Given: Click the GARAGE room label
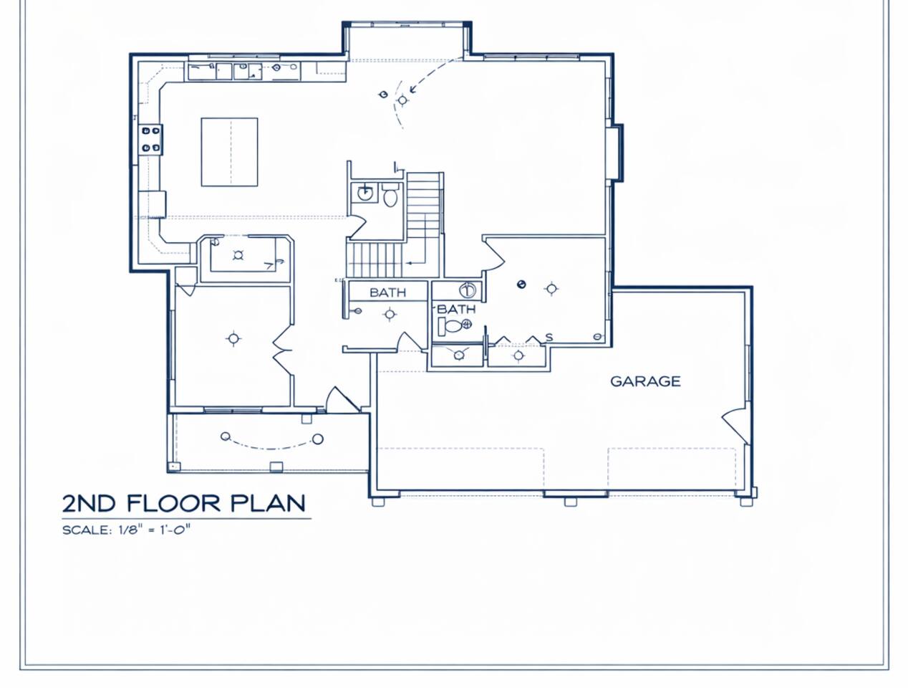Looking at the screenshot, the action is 645,381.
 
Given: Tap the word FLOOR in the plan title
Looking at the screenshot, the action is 173,504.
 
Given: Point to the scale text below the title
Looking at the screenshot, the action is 127,530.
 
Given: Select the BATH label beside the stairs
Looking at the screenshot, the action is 387,292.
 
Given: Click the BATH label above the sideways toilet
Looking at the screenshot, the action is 456,309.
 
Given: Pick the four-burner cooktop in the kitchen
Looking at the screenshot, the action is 150,140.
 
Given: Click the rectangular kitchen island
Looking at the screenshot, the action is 230,152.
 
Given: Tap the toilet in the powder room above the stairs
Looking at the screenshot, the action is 390,195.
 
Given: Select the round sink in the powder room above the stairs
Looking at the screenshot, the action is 364,193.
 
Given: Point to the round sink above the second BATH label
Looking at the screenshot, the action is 468,290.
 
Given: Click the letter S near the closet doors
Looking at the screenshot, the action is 549,338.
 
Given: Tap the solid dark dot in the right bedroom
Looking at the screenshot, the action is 521,284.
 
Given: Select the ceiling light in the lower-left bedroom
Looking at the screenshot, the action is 233,338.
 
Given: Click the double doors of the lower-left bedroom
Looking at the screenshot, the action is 284,350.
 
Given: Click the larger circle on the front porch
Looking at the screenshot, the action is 318,439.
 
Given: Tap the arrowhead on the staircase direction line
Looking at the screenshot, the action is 408,263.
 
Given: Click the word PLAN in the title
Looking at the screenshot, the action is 268,504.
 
